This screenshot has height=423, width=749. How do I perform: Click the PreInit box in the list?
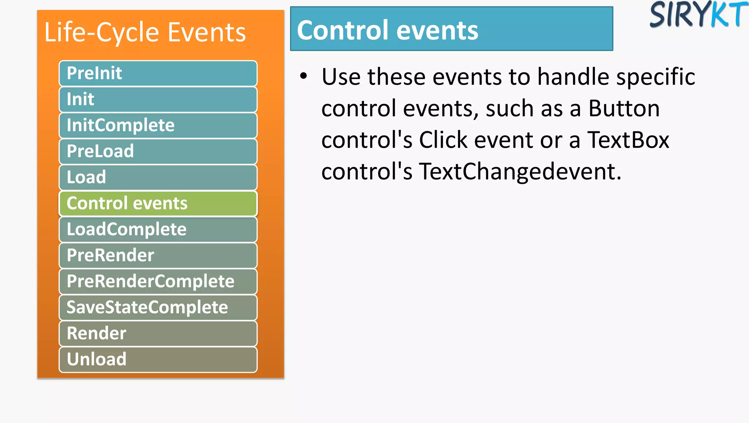tap(158, 73)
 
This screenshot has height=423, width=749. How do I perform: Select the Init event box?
tap(158, 99)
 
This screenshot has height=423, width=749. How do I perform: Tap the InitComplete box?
tap(158, 125)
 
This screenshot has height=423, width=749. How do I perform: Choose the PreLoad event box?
tap(158, 151)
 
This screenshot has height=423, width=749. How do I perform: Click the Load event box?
tap(158, 177)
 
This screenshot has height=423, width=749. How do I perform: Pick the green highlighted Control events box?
tap(158, 203)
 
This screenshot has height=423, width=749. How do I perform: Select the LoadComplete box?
tap(158, 229)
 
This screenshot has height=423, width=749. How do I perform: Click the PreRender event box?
tap(158, 255)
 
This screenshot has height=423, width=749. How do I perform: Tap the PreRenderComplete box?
tap(158, 281)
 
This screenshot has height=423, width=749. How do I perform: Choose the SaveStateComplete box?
tap(158, 307)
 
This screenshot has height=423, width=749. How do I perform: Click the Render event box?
tap(158, 333)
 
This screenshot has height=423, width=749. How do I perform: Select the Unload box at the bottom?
tap(158, 359)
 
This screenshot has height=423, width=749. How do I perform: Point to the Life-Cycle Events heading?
tap(145, 32)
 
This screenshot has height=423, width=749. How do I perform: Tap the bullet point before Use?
tap(303, 76)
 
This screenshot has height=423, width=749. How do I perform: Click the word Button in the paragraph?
tap(624, 108)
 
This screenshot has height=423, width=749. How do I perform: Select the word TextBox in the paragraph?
tap(628, 140)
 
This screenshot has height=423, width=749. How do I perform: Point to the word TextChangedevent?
tap(519, 171)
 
